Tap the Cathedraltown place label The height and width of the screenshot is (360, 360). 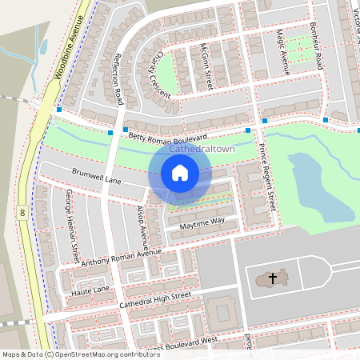coord(202,150)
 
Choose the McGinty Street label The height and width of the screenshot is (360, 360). coord(206,66)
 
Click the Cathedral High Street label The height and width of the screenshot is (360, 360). coord(155,301)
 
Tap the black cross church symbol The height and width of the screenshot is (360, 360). coord(272,278)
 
